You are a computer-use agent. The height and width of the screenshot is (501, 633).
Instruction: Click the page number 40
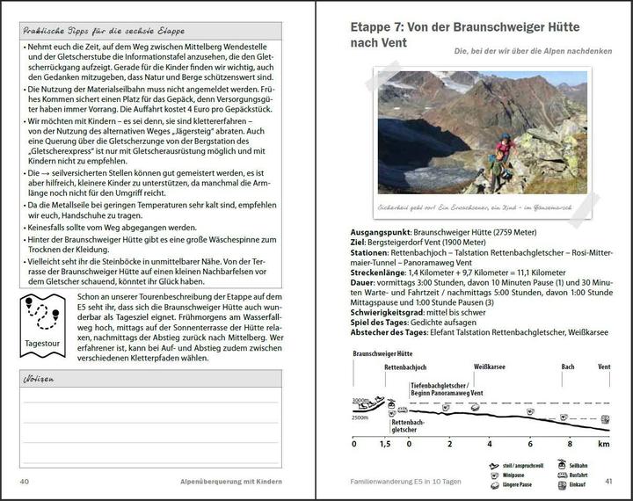[x=25, y=482]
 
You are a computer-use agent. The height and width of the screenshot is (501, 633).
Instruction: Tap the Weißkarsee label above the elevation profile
[x=489, y=367]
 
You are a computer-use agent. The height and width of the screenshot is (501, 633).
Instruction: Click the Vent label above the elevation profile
[x=603, y=367]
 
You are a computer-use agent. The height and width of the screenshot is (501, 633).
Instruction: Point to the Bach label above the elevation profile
[x=568, y=367]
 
